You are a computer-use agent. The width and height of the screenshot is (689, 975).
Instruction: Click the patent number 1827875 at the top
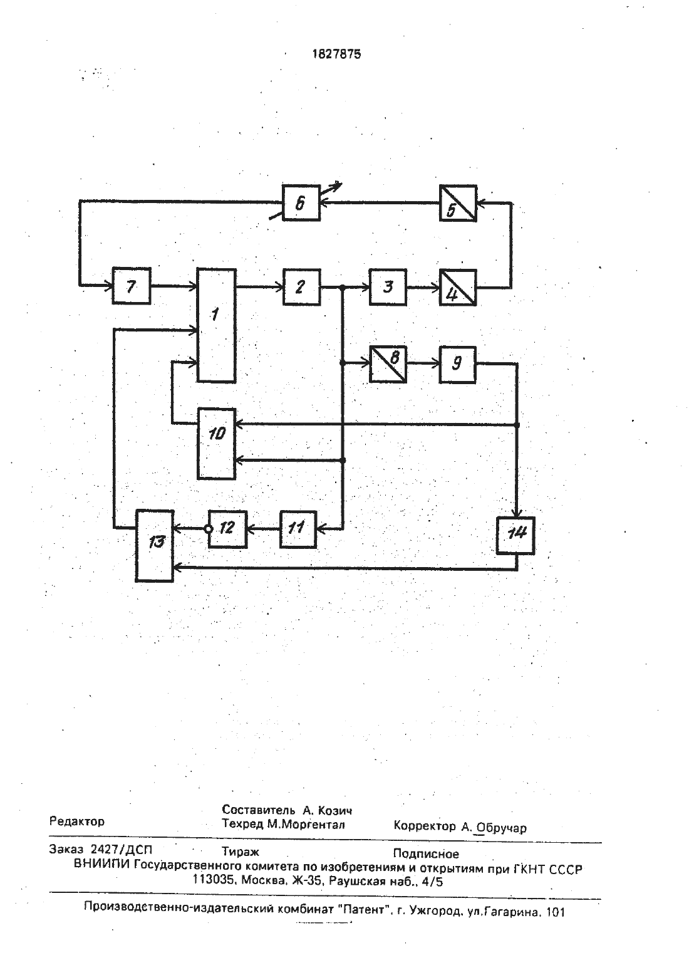[x=336, y=55]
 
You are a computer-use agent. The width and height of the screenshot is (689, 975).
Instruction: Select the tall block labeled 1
[x=217, y=326]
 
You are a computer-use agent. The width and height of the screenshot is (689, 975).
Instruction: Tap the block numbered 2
[x=301, y=287]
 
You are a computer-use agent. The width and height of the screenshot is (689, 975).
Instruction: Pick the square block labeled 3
[x=388, y=287]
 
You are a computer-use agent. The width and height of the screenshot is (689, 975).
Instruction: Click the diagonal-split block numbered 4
[x=458, y=287]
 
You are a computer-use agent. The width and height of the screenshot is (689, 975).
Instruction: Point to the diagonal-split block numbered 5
[x=458, y=203]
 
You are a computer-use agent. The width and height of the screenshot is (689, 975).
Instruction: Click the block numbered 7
[x=132, y=286]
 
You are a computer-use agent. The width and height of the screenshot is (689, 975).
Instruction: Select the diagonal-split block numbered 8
[x=388, y=364]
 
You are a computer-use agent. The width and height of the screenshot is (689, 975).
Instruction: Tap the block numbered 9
[x=458, y=364]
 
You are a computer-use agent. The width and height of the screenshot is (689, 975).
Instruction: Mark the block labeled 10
[x=217, y=444]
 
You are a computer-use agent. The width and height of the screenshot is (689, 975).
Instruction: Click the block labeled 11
[x=298, y=529]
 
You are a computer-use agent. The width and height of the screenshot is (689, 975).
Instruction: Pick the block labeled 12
[x=227, y=529]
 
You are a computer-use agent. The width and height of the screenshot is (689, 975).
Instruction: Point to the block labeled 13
[x=155, y=546]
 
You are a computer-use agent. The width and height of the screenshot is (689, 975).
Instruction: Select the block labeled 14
[x=516, y=535]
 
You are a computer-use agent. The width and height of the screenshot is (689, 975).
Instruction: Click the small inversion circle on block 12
[x=209, y=529]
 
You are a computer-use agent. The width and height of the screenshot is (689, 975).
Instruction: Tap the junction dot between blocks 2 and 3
[x=343, y=287]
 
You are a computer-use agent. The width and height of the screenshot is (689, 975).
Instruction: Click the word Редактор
[x=77, y=821]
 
